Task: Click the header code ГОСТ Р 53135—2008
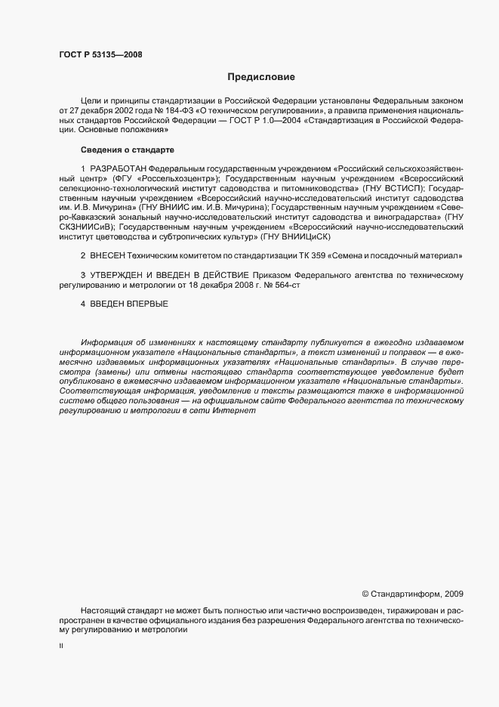(100, 54)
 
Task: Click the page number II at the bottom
(61, 647)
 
